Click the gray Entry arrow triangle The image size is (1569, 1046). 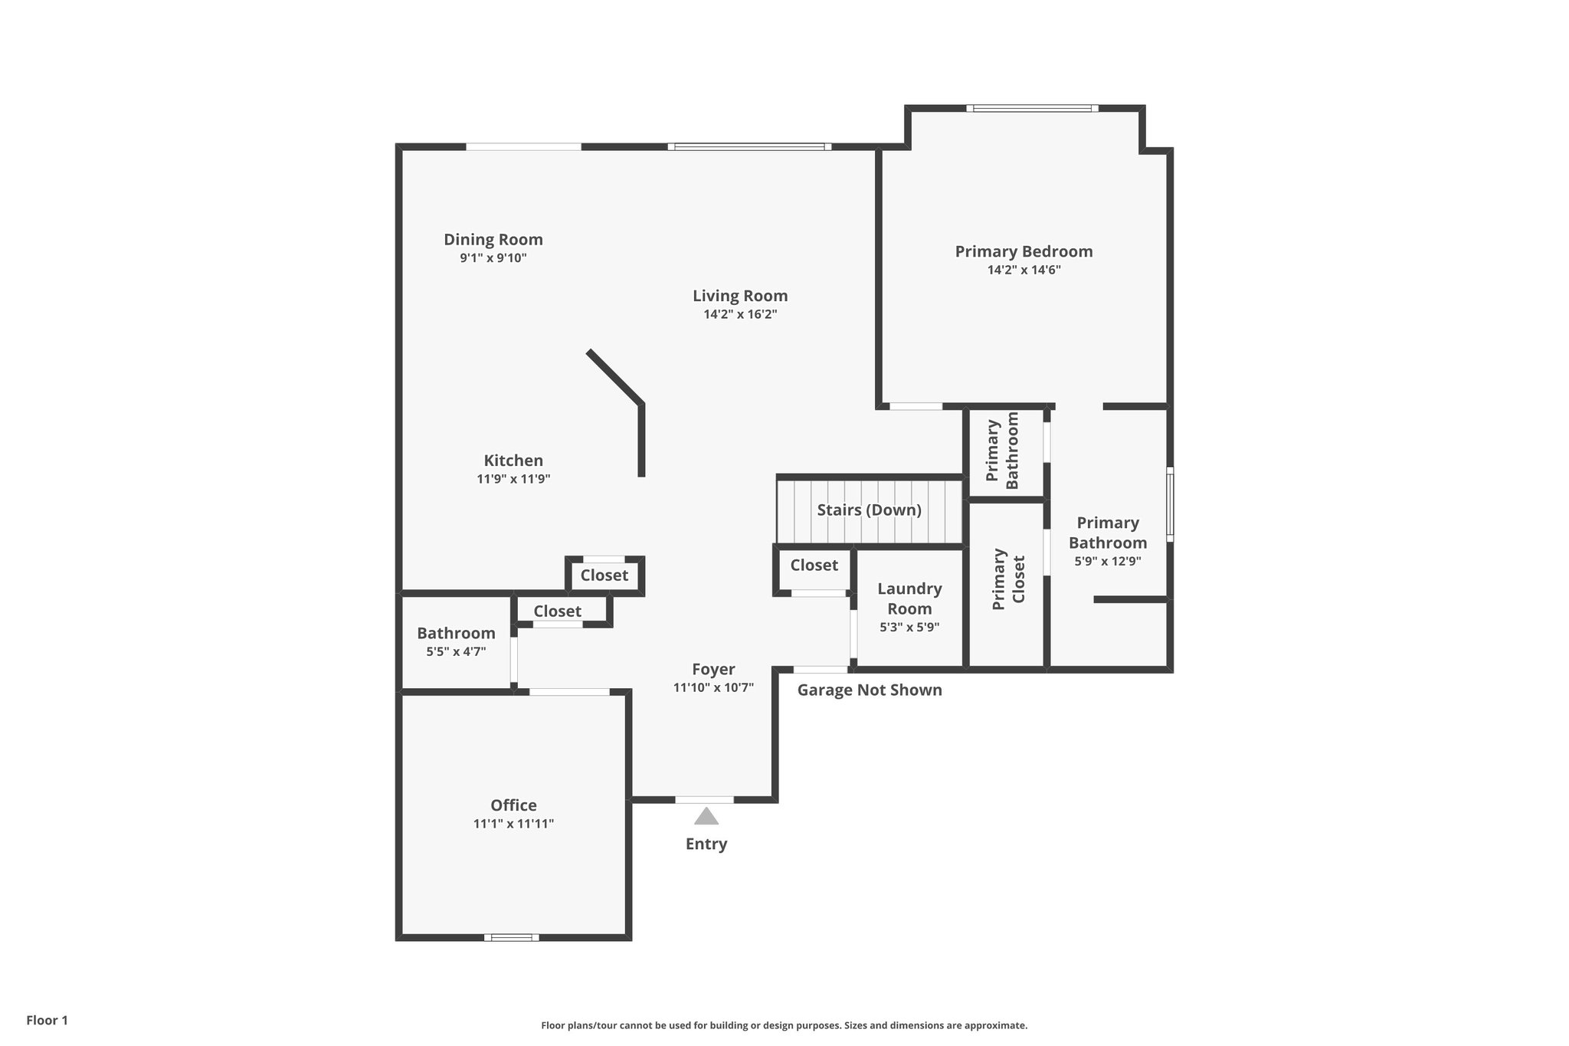click(x=706, y=816)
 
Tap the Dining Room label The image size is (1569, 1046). click(x=493, y=240)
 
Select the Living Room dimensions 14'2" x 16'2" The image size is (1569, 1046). click(x=740, y=314)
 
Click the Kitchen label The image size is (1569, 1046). click(x=513, y=461)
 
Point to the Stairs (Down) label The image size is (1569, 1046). click(x=869, y=510)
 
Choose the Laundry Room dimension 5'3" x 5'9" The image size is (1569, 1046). click(x=909, y=627)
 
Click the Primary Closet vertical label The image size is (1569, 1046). click(x=1008, y=579)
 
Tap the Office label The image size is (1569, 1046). click(x=513, y=805)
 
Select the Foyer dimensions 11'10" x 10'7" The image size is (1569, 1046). click(x=713, y=688)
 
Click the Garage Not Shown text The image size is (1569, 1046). click(x=870, y=690)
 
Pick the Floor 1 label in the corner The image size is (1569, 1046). click(x=47, y=1021)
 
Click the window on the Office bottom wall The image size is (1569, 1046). click(x=511, y=937)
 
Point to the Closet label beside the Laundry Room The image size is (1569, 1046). click(x=814, y=566)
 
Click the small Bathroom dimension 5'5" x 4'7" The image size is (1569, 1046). click(x=456, y=652)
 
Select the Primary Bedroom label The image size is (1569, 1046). click(x=1024, y=251)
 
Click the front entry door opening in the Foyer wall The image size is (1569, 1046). click(x=704, y=800)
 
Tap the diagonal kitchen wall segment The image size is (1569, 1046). click(x=614, y=376)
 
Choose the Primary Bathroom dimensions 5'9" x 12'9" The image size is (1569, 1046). click(x=1108, y=561)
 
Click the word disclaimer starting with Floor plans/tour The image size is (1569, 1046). click(x=784, y=1025)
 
